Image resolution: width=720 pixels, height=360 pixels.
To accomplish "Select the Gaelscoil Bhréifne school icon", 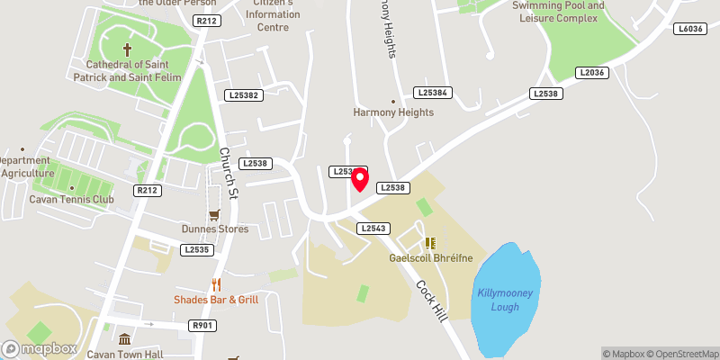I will [431, 242].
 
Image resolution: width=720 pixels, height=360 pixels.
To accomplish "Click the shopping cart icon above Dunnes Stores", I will [214, 214].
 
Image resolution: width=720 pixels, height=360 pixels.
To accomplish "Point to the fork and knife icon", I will [216, 284].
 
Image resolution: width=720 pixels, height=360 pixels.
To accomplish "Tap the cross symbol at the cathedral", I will [127, 49].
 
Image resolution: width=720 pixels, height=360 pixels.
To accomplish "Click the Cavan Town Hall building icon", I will [124, 340].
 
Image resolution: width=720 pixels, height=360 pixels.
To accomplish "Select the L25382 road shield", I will [244, 94].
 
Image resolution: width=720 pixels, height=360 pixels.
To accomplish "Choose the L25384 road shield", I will [431, 93].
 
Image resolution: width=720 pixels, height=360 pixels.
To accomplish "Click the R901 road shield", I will [202, 325].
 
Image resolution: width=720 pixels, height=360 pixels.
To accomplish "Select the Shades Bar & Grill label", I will [217, 300].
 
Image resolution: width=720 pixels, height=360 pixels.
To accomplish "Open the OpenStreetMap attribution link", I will [682, 354].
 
